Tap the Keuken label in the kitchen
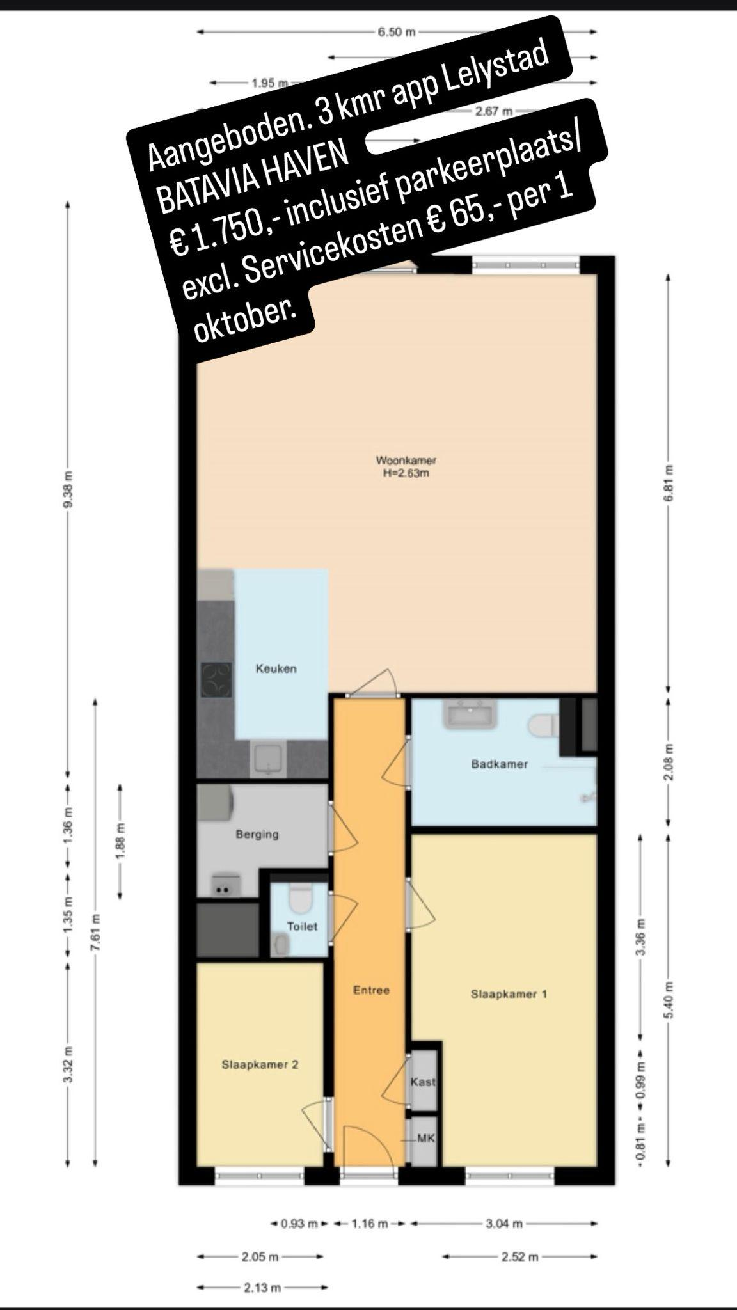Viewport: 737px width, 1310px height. tap(276, 668)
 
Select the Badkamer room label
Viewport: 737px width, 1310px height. tap(500, 764)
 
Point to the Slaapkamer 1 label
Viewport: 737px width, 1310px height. tap(509, 994)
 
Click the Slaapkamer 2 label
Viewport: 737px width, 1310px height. tap(260, 1064)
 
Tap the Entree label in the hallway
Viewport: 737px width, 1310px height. tap(371, 990)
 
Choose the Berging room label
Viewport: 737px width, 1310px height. tap(257, 834)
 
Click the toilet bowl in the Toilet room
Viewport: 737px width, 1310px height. tap(299, 899)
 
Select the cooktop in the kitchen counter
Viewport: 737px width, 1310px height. tap(216, 681)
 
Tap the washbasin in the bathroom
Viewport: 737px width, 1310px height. tap(472, 714)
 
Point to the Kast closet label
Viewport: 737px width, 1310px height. tap(423, 1082)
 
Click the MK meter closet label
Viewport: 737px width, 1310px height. tap(425, 1138)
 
